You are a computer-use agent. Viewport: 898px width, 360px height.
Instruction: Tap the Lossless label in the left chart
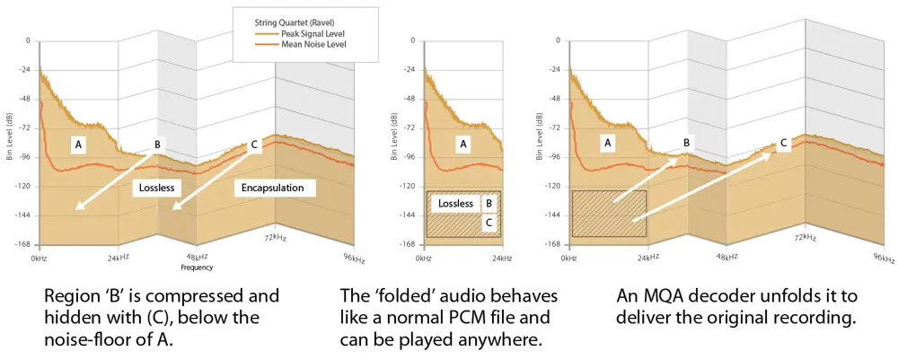(x=159, y=188)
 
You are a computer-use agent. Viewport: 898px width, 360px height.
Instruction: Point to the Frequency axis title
(x=198, y=268)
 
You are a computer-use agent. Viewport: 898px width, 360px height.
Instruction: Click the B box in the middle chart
(x=489, y=204)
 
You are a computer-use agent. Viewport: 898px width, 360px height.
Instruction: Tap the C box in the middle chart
(x=489, y=222)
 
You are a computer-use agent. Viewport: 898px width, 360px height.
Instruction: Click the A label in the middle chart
(x=463, y=143)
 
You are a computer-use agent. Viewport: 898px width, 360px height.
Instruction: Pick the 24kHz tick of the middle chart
(x=502, y=258)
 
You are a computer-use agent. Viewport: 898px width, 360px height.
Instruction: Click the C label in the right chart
(x=783, y=142)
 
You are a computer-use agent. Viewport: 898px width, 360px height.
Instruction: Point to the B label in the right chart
(x=687, y=142)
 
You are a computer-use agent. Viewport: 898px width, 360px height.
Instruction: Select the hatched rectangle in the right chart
(x=609, y=214)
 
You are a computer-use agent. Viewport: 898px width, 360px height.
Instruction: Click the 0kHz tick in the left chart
(x=40, y=258)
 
